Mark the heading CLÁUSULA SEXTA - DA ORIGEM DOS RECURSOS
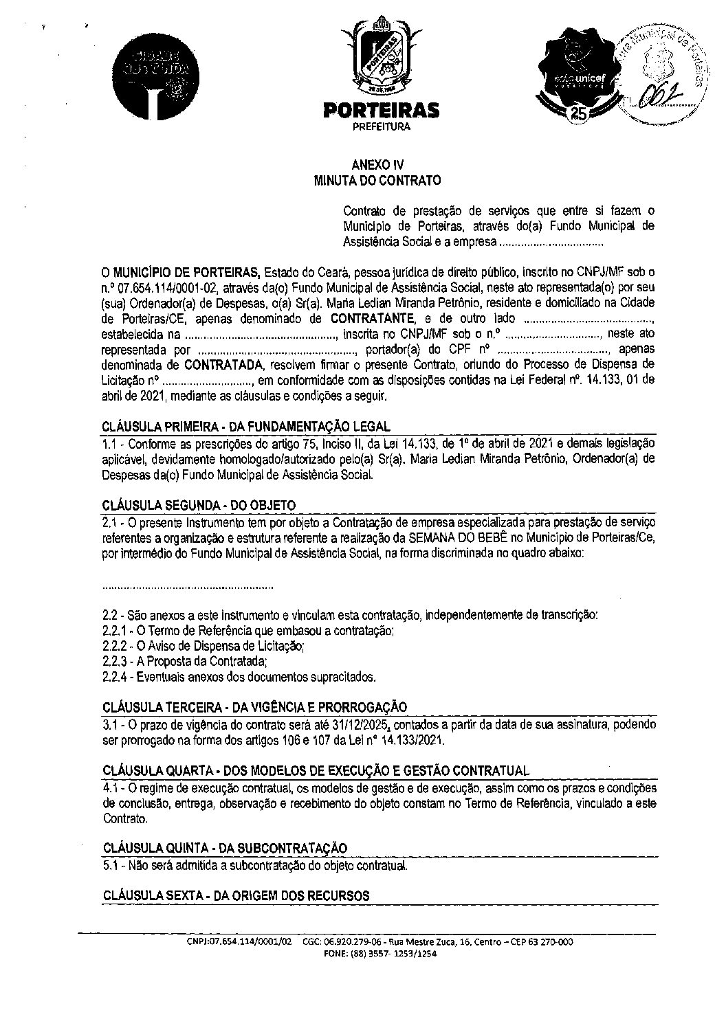click(236, 895)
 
